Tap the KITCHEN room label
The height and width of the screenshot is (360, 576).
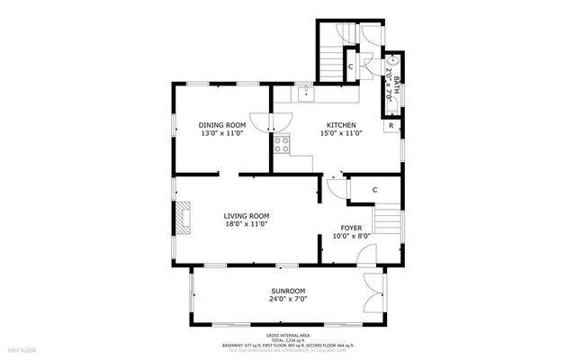341,125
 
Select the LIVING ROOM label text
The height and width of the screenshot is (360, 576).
247,216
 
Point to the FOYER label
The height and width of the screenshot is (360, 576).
351,228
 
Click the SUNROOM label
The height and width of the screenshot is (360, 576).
289,292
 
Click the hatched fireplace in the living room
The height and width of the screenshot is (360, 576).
184,218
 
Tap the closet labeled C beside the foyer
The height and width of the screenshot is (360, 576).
373,189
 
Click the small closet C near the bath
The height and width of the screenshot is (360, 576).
350,67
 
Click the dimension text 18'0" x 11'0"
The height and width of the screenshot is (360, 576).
247,225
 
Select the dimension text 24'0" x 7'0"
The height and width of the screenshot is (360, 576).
289,301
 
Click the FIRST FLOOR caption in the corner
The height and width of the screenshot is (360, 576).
22,348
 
